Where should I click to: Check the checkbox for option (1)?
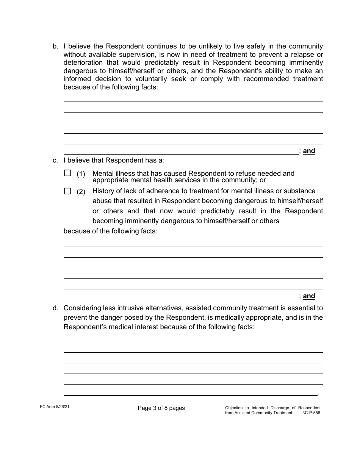(x=67, y=173)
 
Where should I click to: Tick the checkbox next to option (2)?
(x=67, y=191)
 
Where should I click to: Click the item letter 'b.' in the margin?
(x=55, y=47)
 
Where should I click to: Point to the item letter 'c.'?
(x=55, y=160)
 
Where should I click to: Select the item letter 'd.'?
(x=55, y=308)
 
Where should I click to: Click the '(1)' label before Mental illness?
(x=81, y=174)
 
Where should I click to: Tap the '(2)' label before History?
(x=81, y=192)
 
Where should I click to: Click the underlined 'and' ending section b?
(x=309, y=151)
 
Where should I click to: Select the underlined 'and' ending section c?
(x=309, y=296)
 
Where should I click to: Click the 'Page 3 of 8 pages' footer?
(x=161, y=408)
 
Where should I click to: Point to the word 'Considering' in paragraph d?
(x=83, y=308)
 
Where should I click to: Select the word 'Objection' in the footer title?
(x=234, y=408)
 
